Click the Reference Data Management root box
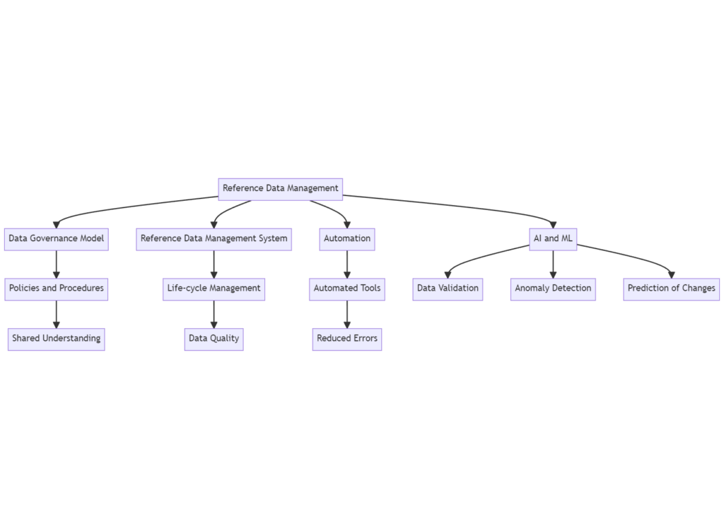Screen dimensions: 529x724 pos(280,189)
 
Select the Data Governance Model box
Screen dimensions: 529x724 pos(56,239)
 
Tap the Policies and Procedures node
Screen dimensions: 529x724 pos(56,289)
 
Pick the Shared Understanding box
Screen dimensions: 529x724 pos(56,339)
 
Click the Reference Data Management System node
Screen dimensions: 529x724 pos(214,239)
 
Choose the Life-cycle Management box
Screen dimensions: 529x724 pos(214,289)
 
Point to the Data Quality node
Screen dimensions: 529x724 pos(214,339)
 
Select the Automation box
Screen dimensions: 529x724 pos(346,239)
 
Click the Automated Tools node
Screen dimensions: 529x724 pos(346,289)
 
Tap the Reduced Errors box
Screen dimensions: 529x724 pos(346,339)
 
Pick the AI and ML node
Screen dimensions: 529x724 pos(553,239)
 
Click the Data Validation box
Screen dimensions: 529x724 pos(448,289)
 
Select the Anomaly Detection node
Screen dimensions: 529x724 pos(553,289)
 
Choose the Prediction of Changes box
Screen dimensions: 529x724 pos(671,289)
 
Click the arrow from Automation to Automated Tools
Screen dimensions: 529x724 pos(346,264)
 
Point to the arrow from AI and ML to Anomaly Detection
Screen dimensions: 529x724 pos(553,264)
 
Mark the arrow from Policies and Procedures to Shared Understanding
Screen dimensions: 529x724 pos(56,314)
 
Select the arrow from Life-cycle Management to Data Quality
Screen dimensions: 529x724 pos(214,314)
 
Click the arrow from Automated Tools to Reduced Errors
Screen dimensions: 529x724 pos(346,314)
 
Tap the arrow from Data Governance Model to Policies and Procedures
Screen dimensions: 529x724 pos(56,264)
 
